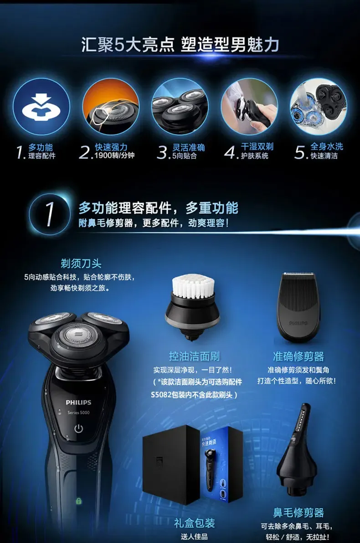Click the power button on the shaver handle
[x=79, y=429]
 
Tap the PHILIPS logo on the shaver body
[x=78, y=403]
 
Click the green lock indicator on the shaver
[x=79, y=502]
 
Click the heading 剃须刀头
[x=81, y=264]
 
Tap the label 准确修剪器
[x=298, y=357]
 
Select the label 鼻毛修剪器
[x=298, y=512]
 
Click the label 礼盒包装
[x=194, y=523]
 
